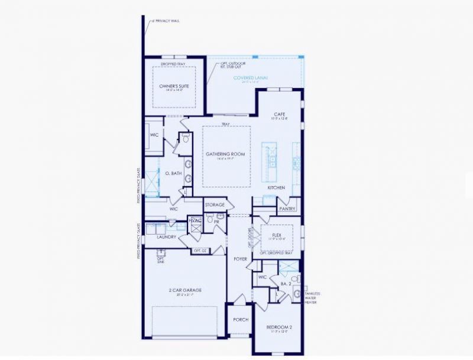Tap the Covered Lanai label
[251, 77]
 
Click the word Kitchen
[276, 187]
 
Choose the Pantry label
[287, 209]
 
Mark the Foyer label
[240, 258]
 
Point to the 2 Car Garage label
[186, 290]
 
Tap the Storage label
[215, 205]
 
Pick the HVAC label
[195, 220]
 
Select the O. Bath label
[171, 173]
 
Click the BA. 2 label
[286, 284]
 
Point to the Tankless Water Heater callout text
[313, 298]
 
